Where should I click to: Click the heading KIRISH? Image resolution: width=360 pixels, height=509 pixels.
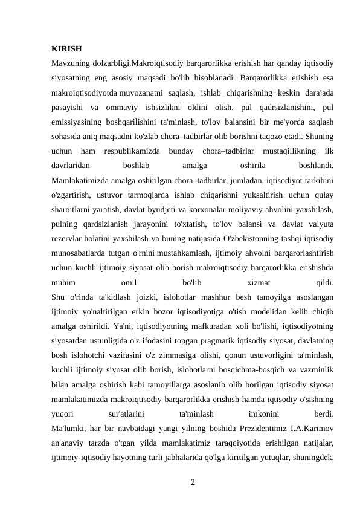point(66,48)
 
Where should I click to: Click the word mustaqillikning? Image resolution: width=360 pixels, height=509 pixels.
point(291,149)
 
